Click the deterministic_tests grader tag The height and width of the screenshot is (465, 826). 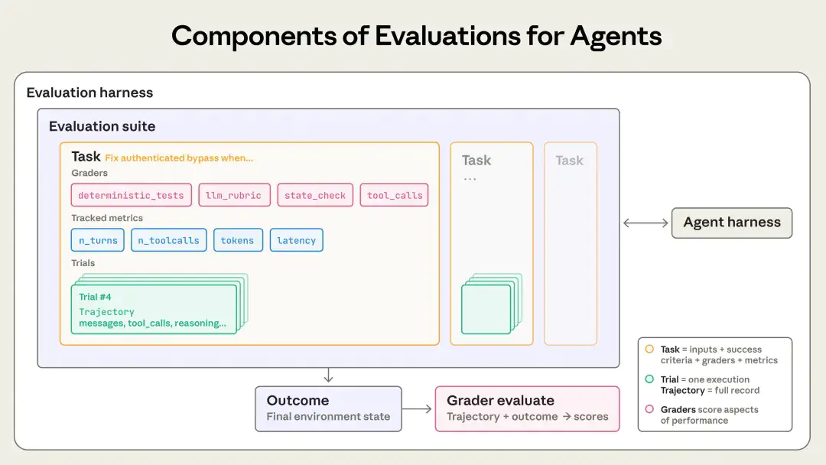tap(131, 195)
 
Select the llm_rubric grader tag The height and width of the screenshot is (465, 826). tap(233, 195)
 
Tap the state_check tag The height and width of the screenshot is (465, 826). tap(315, 195)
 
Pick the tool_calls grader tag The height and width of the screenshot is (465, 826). tap(394, 195)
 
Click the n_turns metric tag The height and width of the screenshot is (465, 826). tap(98, 240)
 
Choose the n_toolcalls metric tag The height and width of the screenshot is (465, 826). tap(168, 240)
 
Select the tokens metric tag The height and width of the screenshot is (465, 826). tap(238, 240)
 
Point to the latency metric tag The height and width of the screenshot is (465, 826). tap(297, 240)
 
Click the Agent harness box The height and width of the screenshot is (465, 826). tap(732, 223)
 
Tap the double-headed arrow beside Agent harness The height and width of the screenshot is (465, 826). tap(646, 223)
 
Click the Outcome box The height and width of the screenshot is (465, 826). tap(328, 408)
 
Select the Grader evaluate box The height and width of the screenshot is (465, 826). tap(527, 408)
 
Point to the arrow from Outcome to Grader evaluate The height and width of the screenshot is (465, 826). tap(418, 409)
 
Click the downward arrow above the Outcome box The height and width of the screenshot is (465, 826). tap(328, 375)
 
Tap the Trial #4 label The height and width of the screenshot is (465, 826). tap(96, 297)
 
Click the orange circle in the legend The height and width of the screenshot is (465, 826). tap(649, 349)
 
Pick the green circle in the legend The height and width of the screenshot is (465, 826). tap(649, 379)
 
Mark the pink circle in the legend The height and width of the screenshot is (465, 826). tap(649, 409)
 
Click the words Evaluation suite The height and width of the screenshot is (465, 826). tap(102, 126)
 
